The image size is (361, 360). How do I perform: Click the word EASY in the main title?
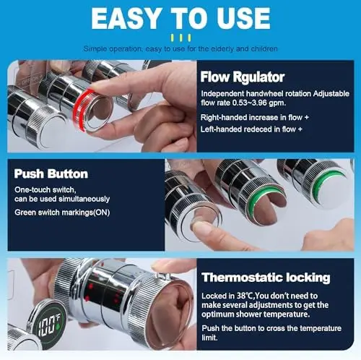(126, 18)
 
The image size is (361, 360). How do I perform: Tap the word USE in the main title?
(243, 18)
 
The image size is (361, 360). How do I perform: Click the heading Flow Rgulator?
(243, 77)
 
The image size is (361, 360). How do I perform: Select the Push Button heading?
(51, 173)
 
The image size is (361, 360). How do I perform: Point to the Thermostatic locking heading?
(266, 278)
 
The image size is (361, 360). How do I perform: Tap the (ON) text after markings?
(101, 213)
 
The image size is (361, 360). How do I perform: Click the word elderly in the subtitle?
(222, 48)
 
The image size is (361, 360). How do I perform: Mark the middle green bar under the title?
(180, 38)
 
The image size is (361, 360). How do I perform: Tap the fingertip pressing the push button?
(201, 228)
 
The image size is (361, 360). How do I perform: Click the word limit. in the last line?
(209, 338)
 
